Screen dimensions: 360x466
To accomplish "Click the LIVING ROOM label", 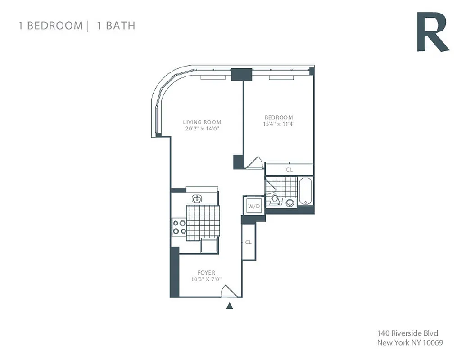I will [202, 122].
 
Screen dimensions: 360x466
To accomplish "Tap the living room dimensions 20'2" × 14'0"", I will [202, 129].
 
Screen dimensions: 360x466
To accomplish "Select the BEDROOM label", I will [278, 117].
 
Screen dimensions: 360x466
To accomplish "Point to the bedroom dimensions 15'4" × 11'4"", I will [278, 124].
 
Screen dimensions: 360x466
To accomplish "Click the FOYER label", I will [206, 273].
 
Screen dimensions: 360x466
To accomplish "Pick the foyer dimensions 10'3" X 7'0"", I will [206, 279].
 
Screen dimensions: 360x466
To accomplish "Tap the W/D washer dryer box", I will [254, 206].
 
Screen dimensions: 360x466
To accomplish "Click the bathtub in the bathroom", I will [306, 191].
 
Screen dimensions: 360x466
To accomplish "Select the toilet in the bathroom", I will [275, 198].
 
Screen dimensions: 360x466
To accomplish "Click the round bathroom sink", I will [290, 203].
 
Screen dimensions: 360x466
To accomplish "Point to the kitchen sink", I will [197, 198].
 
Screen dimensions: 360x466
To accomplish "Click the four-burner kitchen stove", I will [179, 226].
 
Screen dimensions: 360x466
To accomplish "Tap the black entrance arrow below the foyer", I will [230, 306].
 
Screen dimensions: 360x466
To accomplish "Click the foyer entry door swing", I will [228, 291].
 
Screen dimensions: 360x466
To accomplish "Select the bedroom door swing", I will [254, 162].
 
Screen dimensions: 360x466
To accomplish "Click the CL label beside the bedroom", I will [290, 170].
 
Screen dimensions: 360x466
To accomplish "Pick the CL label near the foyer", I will [248, 242].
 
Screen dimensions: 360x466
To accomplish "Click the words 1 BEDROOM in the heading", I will [50, 25].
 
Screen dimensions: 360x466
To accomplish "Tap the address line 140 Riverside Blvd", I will [407, 333].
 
